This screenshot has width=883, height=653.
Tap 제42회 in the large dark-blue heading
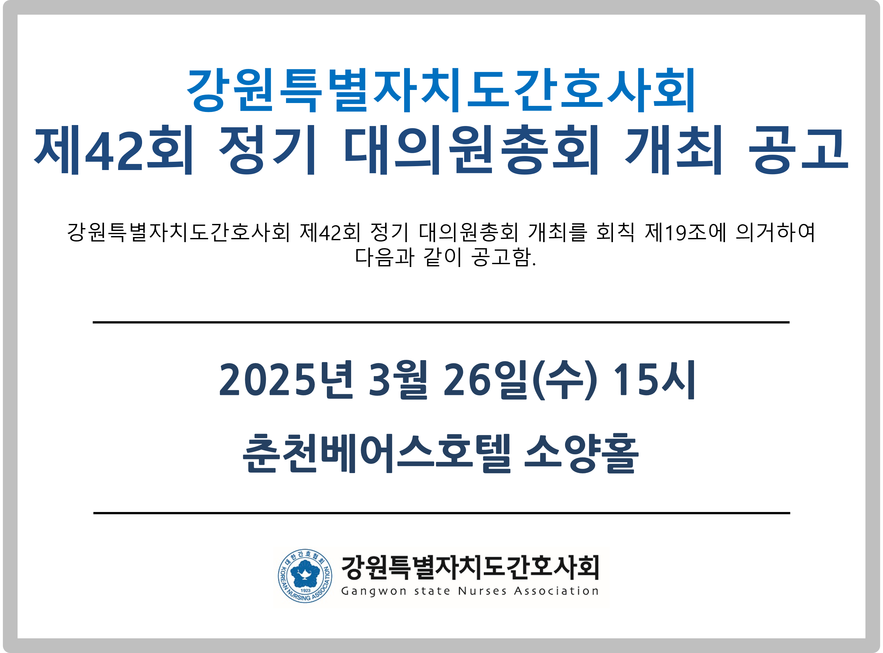(x=114, y=150)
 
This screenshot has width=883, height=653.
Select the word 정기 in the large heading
(x=268, y=150)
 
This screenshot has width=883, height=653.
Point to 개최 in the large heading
(x=674, y=150)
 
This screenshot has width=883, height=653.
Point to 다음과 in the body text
(x=384, y=257)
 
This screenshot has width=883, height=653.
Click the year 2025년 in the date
(x=285, y=380)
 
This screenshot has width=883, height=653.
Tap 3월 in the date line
(x=397, y=380)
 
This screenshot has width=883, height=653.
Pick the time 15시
(x=653, y=380)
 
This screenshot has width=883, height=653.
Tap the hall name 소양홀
(x=581, y=453)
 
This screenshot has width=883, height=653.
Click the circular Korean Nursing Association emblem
(x=305, y=576)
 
